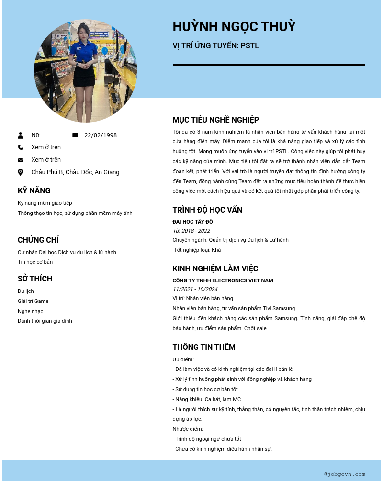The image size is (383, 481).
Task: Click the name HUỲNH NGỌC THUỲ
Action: click(x=234, y=26)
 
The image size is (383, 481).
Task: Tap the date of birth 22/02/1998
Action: click(x=101, y=135)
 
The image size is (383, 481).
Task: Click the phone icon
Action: click(x=21, y=147)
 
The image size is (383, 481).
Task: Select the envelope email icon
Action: click(x=21, y=160)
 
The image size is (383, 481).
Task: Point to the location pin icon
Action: click(x=21, y=172)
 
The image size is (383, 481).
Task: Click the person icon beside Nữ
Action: click(x=21, y=135)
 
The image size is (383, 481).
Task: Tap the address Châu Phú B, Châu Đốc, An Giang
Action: click(x=75, y=172)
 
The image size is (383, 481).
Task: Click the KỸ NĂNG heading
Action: click(x=34, y=190)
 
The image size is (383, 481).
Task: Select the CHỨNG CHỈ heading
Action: click(x=38, y=240)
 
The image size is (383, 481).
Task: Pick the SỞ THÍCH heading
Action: click(x=35, y=279)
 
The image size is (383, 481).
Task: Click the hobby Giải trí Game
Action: click(x=33, y=301)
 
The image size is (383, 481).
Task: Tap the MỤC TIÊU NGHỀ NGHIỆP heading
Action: click(x=215, y=120)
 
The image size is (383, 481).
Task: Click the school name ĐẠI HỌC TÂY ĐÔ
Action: click(x=192, y=222)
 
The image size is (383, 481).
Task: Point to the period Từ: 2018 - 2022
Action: click(x=191, y=231)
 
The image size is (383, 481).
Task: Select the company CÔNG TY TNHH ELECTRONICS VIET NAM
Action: click(x=223, y=280)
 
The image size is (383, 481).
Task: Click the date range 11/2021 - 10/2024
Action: click(x=195, y=289)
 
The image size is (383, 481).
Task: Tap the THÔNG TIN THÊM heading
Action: click(x=204, y=347)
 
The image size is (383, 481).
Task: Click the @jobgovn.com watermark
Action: click(x=344, y=474)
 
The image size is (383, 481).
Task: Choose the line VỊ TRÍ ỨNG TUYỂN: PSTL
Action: click(x=215, y=46)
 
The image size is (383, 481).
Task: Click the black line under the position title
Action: click(x=269, y=65)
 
